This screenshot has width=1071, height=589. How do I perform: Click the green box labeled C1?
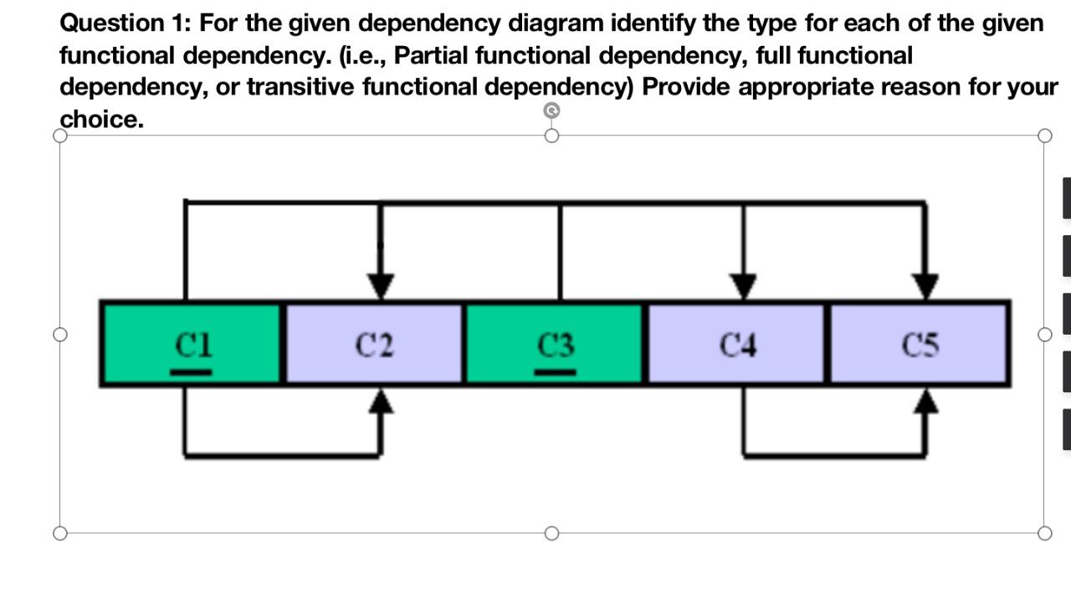192,344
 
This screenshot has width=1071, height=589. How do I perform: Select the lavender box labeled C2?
373,344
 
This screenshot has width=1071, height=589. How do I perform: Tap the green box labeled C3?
554,344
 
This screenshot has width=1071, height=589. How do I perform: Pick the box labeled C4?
736,344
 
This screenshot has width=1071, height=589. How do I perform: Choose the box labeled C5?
919,344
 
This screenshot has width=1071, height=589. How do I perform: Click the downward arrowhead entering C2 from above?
381,285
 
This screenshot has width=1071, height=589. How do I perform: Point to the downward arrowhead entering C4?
743,285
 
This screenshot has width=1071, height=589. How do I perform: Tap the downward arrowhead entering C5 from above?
925,285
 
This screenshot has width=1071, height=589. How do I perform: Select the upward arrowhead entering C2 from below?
381,402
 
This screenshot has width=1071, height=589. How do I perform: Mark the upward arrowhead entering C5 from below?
925,402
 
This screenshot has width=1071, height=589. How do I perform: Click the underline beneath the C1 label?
192,371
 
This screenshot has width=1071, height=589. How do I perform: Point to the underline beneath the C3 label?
556,371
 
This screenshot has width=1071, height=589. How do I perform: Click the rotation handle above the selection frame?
551,110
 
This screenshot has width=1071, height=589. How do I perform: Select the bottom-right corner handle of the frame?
1044,533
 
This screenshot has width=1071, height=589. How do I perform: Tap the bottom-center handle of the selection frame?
551,533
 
